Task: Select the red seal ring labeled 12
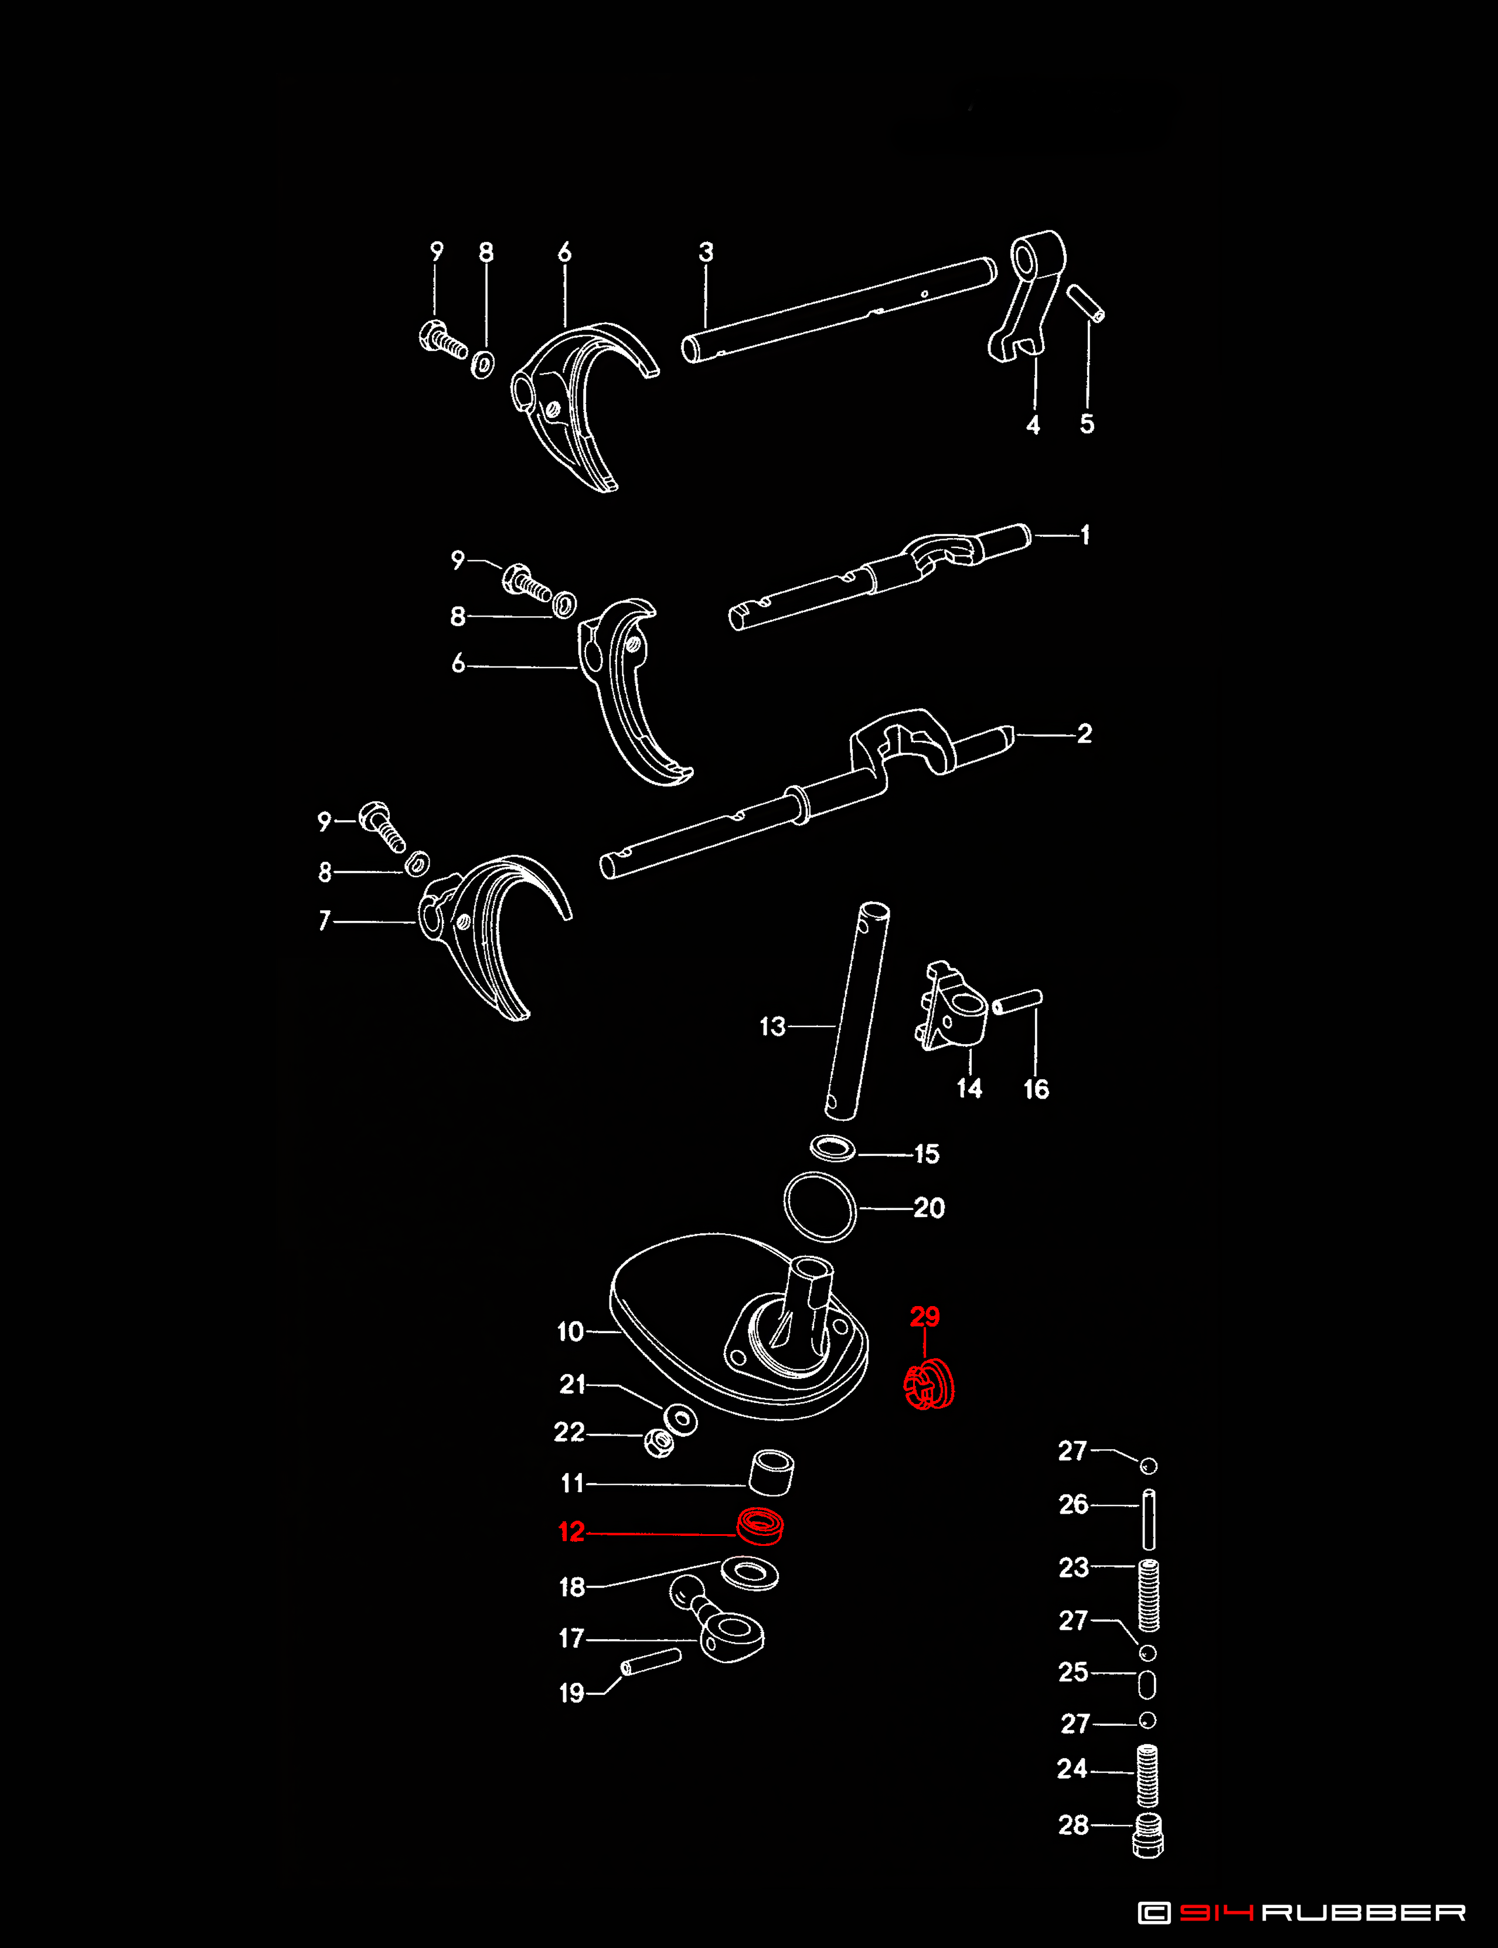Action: pyautogui.click(x=760, y=1525)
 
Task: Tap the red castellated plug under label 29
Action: pyautogui.click(x=929, y=1385)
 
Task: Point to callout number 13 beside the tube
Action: pyautogui.click(x=772, y=1026)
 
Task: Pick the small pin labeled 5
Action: pyautogui.click(x=1086, y=302)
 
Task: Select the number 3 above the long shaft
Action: pyautogui.click(x=705, y=253)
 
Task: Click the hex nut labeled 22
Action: pyautogui.click(x=659, y=1442)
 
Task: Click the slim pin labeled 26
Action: pyautogui.click(x=1149, y=1520)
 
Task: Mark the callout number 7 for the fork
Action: pyautogui.click(x=325, y=920)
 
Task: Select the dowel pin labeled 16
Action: pyautogui.click(x=1017, y=1002)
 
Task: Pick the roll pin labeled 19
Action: pyautogui.click(x=651, y=1662)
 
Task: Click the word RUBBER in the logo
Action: pyautogui.click(x=1363, y=1912)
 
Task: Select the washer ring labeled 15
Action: pyautogui.click(x=832, y=1148)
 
